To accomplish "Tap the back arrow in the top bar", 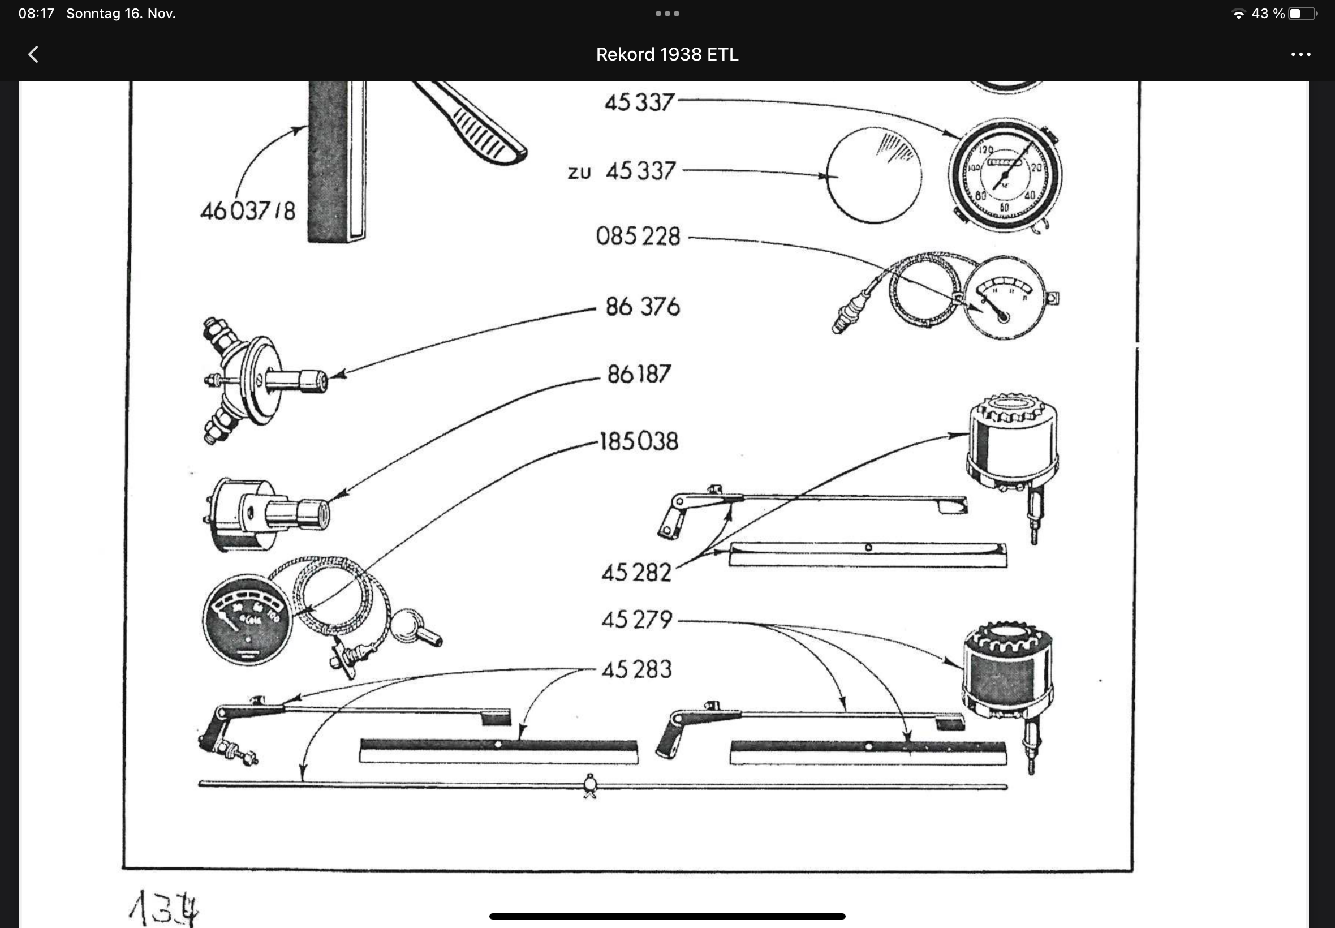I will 34,55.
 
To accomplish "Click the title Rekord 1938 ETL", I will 666,55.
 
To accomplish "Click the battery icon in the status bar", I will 1301,14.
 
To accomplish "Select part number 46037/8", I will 248,211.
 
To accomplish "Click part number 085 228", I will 638,237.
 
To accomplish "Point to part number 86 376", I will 642,307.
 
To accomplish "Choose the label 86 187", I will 639,375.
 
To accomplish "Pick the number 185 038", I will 639,442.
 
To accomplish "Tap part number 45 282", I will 636,573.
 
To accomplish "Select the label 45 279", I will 636,620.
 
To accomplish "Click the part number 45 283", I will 636,670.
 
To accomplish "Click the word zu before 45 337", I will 579,173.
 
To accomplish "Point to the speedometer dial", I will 1004,175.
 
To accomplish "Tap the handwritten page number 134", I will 164,908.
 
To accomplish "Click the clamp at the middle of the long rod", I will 590,785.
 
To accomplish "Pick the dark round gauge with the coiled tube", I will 247,620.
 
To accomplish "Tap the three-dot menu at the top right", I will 1300,55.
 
